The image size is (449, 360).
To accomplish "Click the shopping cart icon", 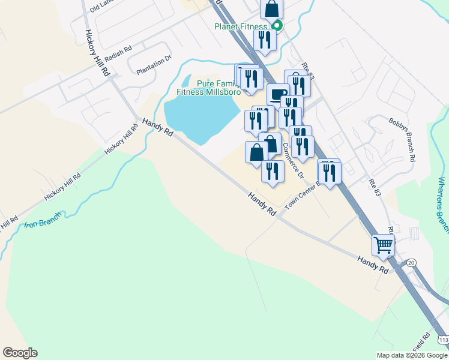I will point(383,245).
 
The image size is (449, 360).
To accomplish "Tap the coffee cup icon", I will point(278,95).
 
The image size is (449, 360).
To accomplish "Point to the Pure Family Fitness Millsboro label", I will point(208,88).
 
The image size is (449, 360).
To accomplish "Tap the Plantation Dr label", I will point(154,64).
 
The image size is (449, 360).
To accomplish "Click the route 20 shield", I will point(411,262).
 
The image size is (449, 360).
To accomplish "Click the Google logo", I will point(20,353).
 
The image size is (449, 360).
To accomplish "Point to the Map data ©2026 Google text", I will point(411,355).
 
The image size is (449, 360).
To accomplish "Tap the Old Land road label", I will point(101,7).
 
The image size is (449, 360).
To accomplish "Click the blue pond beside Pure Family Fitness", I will point(198,117).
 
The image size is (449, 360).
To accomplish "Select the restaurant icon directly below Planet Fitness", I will point(265,40).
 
